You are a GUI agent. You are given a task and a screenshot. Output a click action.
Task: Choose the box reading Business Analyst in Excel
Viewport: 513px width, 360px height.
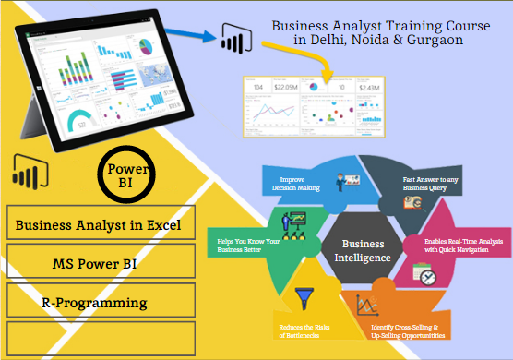(98, 224)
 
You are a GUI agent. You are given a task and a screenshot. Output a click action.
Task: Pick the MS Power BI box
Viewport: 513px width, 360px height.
(98, 263)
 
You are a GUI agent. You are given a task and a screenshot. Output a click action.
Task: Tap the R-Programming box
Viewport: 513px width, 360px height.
(98, 301)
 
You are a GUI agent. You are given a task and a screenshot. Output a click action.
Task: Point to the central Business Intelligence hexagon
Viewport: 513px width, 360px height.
(363, 251)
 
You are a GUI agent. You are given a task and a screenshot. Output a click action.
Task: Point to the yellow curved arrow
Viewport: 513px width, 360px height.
(310, 60)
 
